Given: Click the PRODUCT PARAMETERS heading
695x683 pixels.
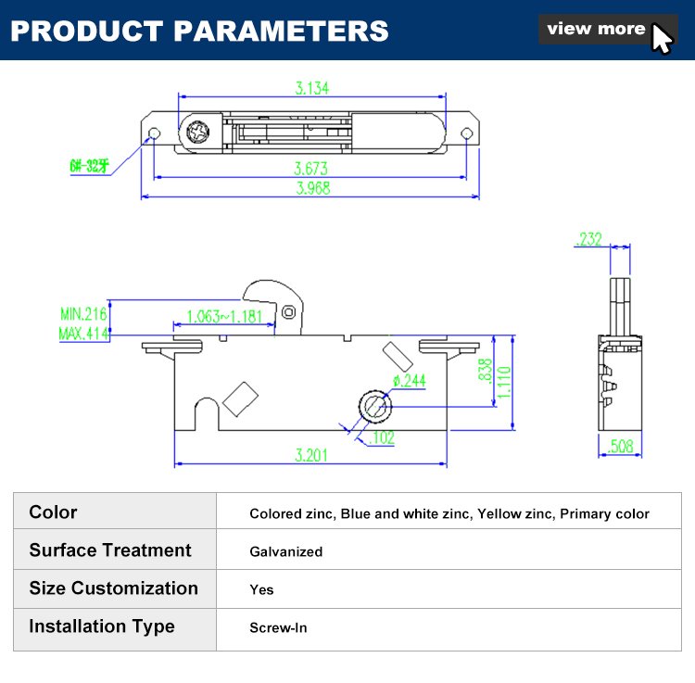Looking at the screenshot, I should pyautogui.click(x=199, y=31).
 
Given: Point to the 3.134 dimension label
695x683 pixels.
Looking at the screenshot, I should pyautogui.click(x=312, y=89).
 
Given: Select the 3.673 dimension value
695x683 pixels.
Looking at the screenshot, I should pyautogui.click(x=312, y=169).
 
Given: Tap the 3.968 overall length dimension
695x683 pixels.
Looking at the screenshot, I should pyautogui.click(x=312, y=188).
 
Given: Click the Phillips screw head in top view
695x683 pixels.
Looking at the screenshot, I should pyautogui.click(x=198, y=133).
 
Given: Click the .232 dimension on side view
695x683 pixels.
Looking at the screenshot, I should pyautogui.click(x=588, y=239).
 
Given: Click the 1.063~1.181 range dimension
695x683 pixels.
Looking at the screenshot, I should pyautogui.click(x=224, y=316).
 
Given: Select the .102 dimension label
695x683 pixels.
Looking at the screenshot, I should pyautogui.click(x=382, y=437).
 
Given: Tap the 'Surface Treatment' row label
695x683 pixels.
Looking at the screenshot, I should pyautogui.click(x=110, y=550).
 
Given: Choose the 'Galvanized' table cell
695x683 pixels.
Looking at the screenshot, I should pyautogui.click(x=286, y=551).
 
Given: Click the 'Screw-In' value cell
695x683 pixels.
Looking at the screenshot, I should pyautogui.click(x=278, y=627).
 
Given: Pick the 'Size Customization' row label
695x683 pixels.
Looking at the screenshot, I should pyautogui.click(x=113, y=588).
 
